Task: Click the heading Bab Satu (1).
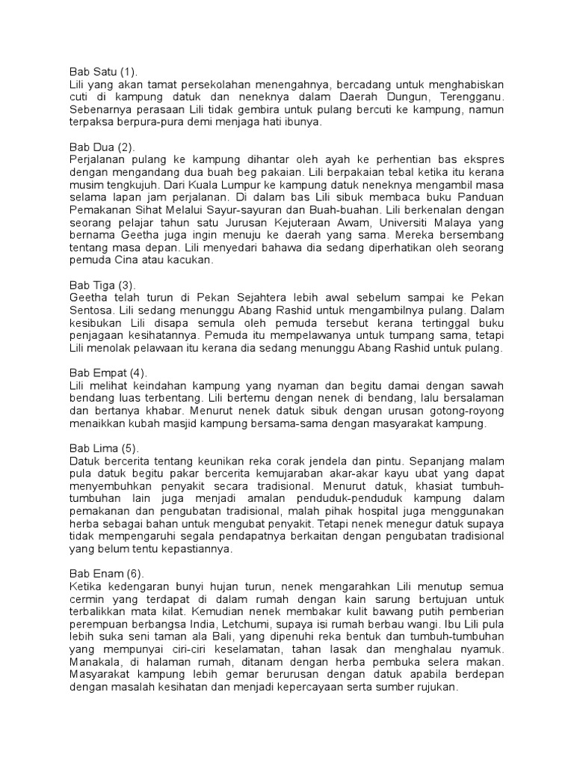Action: pos(103,73)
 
